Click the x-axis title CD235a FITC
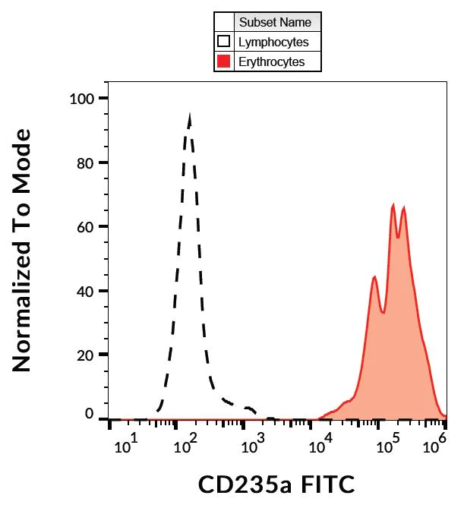pyautogui.click(x=276, y=483)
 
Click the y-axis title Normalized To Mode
pyautogui.click(x=23, y=251)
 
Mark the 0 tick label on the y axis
pyautogui.click(x=90, y=415)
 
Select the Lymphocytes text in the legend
pyautogui.click(x=273, y=43)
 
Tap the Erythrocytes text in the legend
pyautogui.click(x=271, y=62)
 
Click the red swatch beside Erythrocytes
pyautogui.click(x=223, y=62)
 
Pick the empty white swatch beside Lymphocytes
pyautogui.click(x=223, y=43)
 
